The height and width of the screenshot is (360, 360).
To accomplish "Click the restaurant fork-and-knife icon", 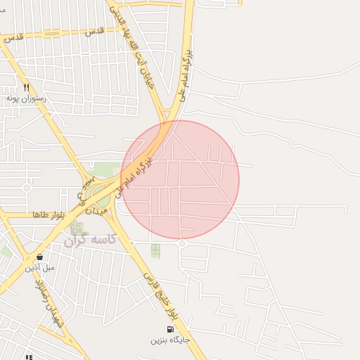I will pyautogui.click(x=26, y=88).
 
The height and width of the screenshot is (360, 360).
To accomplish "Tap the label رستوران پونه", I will pyautogui.click(x=26, y=99).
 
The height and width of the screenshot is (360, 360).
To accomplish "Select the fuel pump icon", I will pyautogui.click(x=170, y=329).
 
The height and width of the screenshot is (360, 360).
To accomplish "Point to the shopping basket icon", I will pyautogui.click(x=39, y=257).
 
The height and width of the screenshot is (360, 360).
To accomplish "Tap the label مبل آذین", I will pyautogui.click(x=39, y=268).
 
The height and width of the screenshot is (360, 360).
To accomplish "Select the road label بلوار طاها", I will pyautogui.click(x=49, y=214).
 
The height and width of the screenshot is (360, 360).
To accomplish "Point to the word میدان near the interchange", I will pyautogui.click(x=97, y=208).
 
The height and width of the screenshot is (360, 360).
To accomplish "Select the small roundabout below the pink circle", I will pyautogui.click(x=182, y=243).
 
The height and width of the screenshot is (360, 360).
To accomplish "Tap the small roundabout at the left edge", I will pyautogui.click(x=27, y=188).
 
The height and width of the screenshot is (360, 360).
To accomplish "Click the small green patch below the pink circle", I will pyautogui.click(x=155, y=250).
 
